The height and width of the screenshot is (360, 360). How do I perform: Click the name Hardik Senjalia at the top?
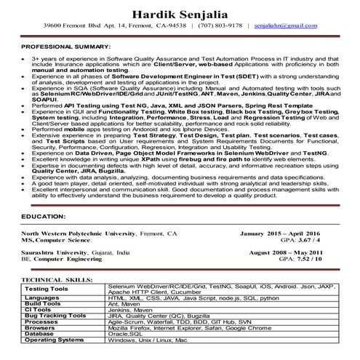click(x=180, y=15)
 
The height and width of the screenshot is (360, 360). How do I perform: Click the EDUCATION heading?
click(x=44, y=217)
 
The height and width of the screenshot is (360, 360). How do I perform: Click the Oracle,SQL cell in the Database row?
click(x=127, y=334)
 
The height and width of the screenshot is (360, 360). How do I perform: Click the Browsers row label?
click(x=40, y=328)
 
